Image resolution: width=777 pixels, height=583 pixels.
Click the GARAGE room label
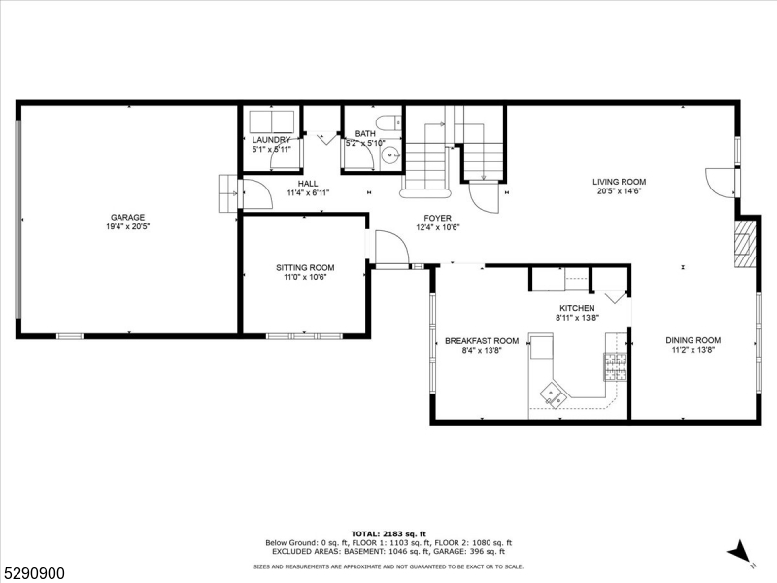127,217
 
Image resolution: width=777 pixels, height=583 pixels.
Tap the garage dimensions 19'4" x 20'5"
127,226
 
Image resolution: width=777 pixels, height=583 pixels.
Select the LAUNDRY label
271,140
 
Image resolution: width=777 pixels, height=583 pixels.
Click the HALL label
308,183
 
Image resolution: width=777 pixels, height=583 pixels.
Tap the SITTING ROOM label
305,268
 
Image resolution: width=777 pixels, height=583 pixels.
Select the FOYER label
436,218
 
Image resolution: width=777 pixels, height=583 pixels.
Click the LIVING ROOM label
620,182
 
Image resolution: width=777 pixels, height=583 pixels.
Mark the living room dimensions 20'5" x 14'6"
620,191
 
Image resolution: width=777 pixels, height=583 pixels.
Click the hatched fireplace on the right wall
744,243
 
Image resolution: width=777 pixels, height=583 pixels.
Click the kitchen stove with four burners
616,366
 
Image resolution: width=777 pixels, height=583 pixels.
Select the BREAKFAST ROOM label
482,341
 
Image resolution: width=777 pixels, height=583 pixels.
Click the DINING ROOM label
693,340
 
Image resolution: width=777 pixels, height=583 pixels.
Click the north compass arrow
740,551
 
